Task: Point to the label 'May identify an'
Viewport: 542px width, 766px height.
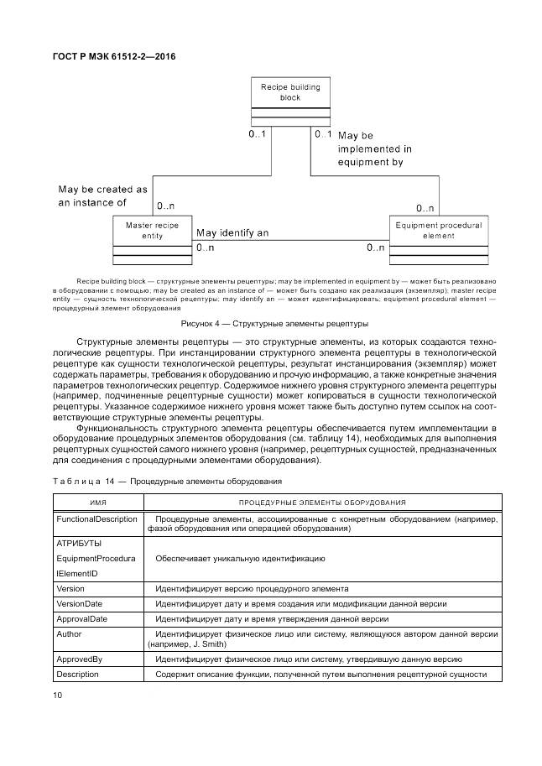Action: [x=232, y=233]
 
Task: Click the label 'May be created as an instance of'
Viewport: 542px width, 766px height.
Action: [x=102, y=196]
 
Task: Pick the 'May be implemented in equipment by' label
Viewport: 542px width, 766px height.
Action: [x=370, y=148]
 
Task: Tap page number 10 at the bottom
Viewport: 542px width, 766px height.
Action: [x=57, y=696]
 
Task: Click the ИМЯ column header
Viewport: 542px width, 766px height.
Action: [x=97, y=502]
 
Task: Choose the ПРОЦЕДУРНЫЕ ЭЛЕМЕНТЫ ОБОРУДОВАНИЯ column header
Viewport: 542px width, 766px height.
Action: [x=322, y=502]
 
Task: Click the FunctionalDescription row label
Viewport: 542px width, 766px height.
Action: [x=96, y=519]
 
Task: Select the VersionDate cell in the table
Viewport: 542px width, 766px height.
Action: [x=81, y=604]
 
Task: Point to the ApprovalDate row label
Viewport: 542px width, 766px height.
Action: [x=81, y=618]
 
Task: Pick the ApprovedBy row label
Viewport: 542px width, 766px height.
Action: [x=79, y=659]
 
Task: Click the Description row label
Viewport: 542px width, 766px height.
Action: [x=79, y=675]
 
